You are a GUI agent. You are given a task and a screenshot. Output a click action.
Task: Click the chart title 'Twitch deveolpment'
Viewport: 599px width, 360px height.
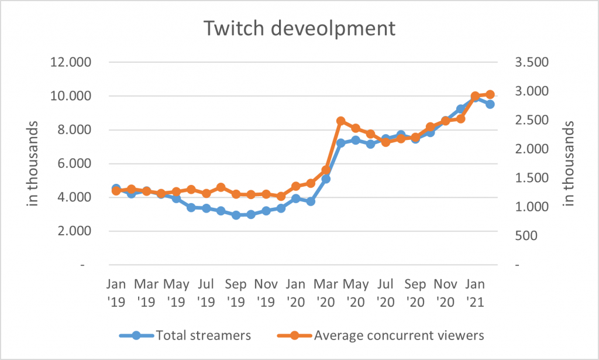point(299,28)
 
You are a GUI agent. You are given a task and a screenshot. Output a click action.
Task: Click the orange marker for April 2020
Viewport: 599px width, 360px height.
point(341,121)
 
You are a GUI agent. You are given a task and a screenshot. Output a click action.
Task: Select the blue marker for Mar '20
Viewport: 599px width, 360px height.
point(326,179)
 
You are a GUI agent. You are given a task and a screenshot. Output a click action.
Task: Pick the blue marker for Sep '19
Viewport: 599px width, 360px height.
point(236,215)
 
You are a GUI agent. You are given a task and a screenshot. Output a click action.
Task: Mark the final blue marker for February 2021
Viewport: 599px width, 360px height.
point(490,104)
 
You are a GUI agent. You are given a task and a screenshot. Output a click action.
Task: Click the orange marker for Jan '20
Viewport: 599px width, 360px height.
point(296,186)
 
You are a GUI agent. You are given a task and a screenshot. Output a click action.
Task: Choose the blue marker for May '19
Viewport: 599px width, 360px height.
point(176,198)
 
